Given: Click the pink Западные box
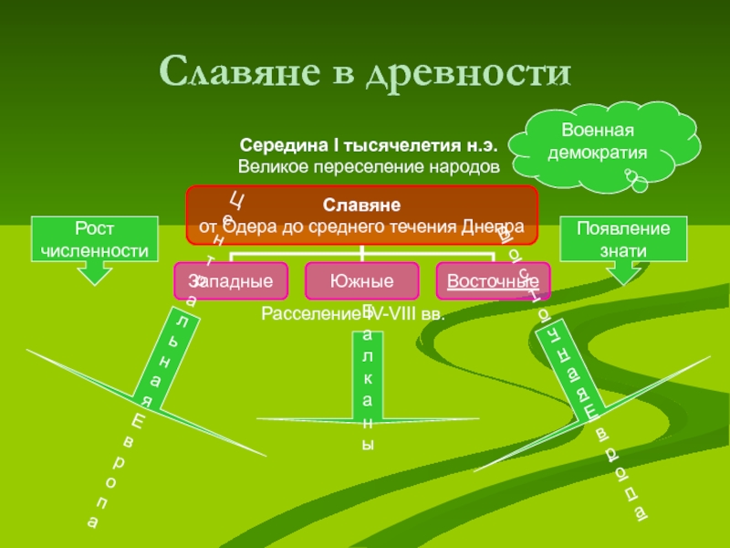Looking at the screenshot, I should tap(230, 280).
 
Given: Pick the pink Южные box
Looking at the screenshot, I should tap(362, 280).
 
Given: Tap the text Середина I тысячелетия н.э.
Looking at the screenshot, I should tap(369, 146).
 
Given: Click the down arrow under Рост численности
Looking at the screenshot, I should tap(96, 269).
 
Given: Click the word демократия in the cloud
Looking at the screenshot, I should tap(598, 153).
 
